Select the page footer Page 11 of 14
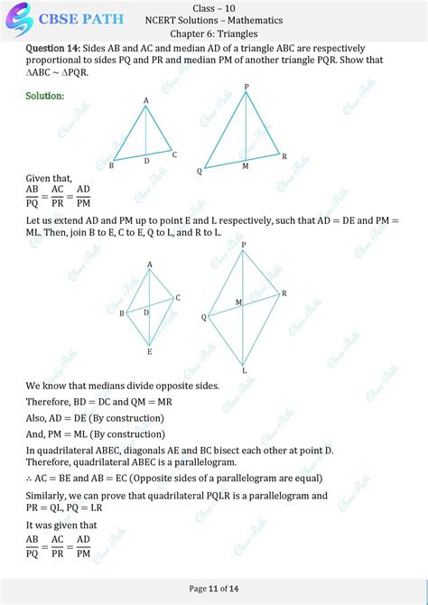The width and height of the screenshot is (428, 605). (x=213, y=588)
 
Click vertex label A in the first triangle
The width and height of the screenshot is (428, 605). (x=145, y=100)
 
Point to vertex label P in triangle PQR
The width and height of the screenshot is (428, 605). (x=246, y=86)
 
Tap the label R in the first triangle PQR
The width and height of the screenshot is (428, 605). (x=284, y=156)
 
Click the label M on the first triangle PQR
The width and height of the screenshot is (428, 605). (x=245, y=166)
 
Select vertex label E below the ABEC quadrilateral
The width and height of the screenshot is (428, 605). (x=149, y=351)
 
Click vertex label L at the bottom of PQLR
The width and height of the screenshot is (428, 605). (x=244, y=370)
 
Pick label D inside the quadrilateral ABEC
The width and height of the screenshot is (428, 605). (x=145, y=312)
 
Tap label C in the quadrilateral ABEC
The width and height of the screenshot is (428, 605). (x=178, y=298)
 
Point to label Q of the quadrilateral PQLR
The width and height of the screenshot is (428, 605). (x=204, y=318)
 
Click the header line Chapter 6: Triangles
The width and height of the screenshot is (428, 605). (x=213, y=34)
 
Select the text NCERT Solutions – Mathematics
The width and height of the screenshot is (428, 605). (x=213, y=20)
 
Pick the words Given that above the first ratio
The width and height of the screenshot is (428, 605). (x=49, y=179)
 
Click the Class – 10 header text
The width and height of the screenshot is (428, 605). (x=213, y=6)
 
